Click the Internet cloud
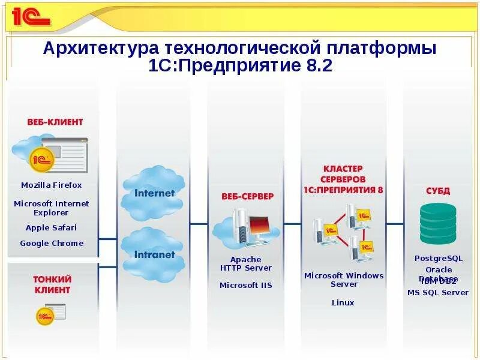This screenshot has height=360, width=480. pyautogui.click(x=153, y=193)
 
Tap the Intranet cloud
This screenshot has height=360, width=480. pyautogui.click(x=154, y=254)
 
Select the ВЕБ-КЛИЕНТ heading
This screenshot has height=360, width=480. pyautogui.click(x=55, y=122)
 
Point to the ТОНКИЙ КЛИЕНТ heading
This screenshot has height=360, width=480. pyautogui.click(x=52, y=284)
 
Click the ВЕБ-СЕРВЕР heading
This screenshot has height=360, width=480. pyautogui.click(x=247, y=196)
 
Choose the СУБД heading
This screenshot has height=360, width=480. pyautogui.click(x=438, y=191)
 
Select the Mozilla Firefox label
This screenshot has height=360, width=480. pyautogui.click(x=52, y=185)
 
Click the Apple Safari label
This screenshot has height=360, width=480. pyautogui.click(x=52, y=228)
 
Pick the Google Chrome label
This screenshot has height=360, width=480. pyautogui.click(x=52, y=244)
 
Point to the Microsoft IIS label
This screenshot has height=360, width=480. pyautogui.click(x=246, y=286)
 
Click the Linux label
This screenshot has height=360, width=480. pyautogui.click(x=343, y=303)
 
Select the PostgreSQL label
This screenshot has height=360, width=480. pyautogui.click(x=439, y=258)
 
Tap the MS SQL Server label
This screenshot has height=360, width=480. pyautogui.click(x=438, y=293)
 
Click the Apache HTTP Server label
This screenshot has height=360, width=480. pyautogui.click(x=246, y=264)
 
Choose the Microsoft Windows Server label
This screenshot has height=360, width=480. pyautogui.click(x=344, y=280)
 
